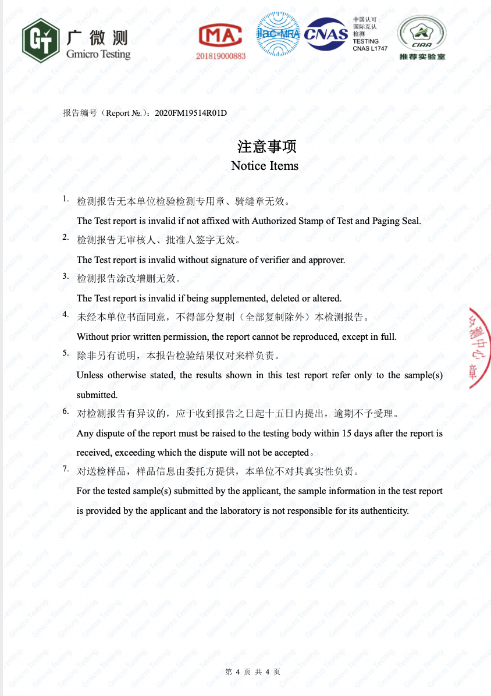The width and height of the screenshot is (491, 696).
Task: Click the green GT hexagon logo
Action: click(x=41, y=40)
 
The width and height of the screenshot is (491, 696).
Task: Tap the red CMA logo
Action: click(x=220, y=35)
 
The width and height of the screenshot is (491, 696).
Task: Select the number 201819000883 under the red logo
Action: click(x=221, y=56)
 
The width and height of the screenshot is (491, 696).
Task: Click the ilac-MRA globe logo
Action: click(x=278, y=33)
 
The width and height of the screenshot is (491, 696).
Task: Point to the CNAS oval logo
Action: click(x=326, y=34)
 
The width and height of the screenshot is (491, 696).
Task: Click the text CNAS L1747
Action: click(x=369, y=49)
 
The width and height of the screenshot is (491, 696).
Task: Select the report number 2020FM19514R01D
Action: click(x=191, y=113)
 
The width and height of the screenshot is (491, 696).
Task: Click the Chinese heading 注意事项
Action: click(x=265, y=146)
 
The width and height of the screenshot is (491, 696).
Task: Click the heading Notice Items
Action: click(x=265, y=166)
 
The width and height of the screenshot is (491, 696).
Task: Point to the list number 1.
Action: click(x=66, y=199)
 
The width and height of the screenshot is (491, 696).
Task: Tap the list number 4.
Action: click(x=66, y=314)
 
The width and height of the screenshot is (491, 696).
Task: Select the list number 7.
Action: click(x=66, y=468)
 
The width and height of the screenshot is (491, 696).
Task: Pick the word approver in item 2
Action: click(x=327, y=260)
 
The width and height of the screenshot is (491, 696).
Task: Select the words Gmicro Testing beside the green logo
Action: click(x=98, y=54)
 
